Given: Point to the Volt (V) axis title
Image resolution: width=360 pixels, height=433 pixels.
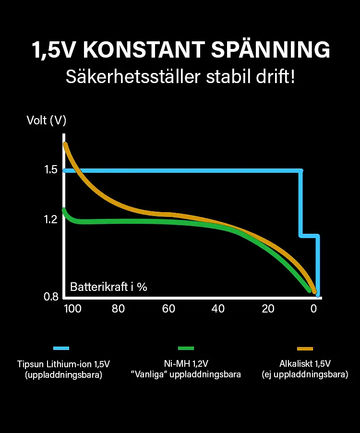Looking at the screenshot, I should click(x=46, y=120).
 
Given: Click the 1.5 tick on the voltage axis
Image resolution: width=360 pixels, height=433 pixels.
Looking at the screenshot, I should click(x=51, y=170).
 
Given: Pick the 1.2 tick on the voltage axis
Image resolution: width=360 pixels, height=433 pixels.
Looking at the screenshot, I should click(x=51, y=219).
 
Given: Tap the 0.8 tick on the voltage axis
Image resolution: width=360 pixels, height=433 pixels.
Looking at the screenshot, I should click(x=51, y=297).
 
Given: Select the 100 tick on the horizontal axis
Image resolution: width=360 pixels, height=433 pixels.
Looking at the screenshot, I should click(x=73, y=309).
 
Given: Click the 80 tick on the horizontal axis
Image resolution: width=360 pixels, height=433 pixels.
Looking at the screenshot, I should click(x=118, y=309).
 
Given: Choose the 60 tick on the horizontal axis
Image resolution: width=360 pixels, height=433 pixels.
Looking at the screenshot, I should click(x=168, y=309).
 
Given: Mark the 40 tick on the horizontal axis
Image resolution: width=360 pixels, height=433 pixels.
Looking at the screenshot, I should click(x=218, y=309).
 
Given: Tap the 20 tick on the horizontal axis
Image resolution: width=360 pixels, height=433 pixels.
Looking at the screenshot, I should click(x=268, y=309).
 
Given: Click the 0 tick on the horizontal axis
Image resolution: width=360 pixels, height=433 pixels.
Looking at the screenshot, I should click(x=314, y=309).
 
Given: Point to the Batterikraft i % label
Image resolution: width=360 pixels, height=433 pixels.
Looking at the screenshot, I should click(x=108, y=287).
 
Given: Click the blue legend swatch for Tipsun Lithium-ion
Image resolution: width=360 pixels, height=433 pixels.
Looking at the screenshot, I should click(x=61, y=349).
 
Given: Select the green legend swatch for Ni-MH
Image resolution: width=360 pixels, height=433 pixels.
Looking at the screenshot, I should click(x=186, y=349).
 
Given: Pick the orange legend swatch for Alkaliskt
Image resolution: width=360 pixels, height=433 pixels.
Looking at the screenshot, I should click(x=305, y=349).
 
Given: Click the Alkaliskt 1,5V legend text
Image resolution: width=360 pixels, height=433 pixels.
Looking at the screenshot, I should click(x=305, y=363).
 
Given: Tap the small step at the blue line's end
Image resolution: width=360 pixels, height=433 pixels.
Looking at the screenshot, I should click(x=310, y=236).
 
